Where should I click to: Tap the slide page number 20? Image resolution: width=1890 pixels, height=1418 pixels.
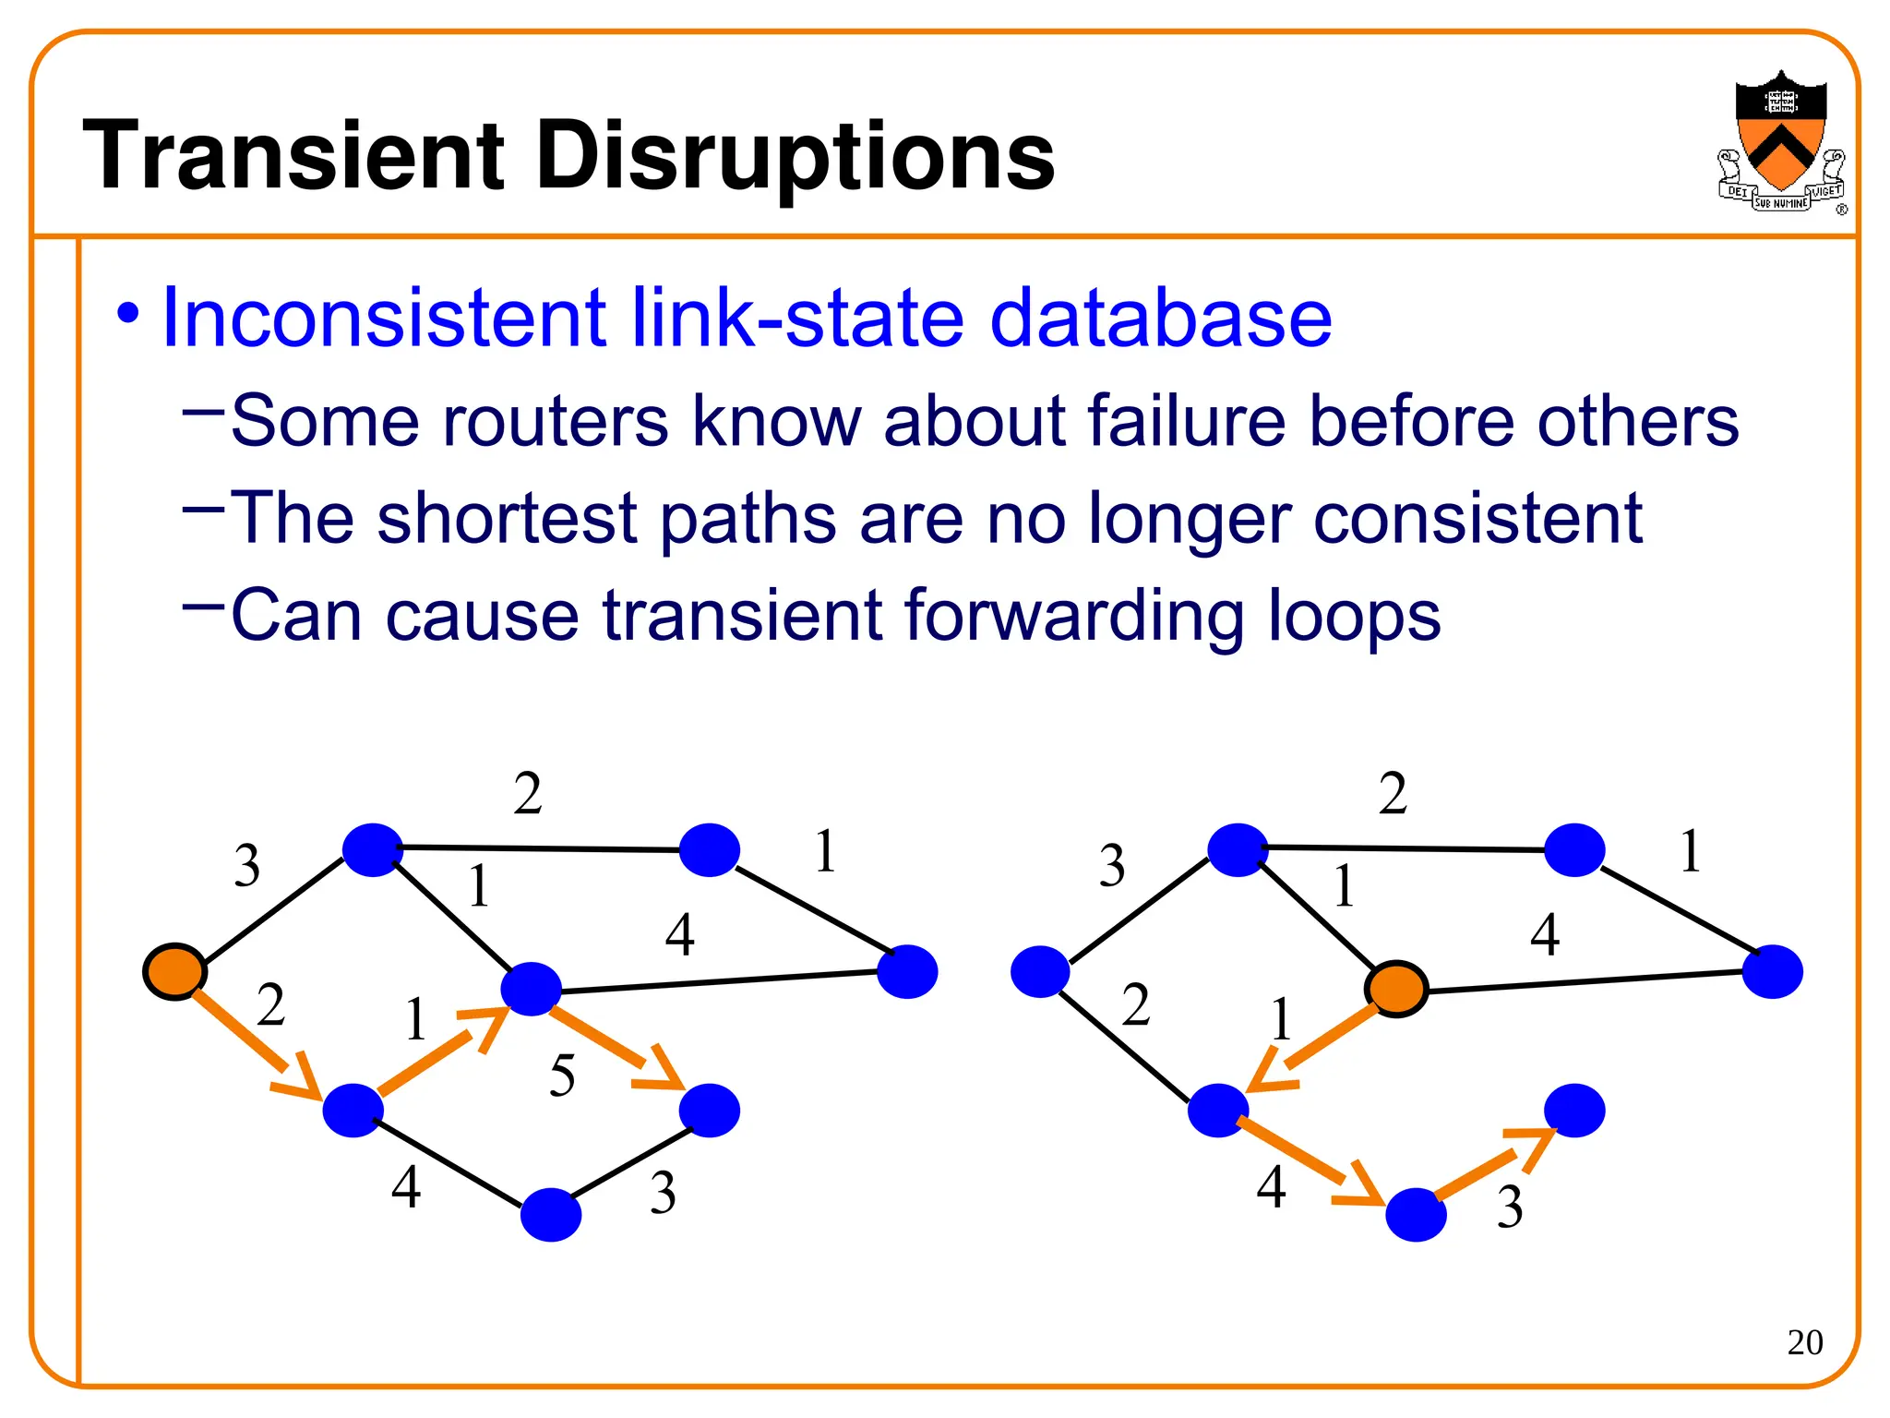coord(1804,1341)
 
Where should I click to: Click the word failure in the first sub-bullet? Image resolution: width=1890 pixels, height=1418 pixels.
coord(1186,421)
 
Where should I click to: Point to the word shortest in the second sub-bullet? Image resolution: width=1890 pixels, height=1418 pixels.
coord(508,518)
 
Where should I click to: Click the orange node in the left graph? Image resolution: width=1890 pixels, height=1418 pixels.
coord(174,971)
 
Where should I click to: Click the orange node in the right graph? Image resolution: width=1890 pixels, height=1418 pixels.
coord(1396,989)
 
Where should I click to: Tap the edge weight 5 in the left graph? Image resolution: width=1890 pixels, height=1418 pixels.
coord(562,1076)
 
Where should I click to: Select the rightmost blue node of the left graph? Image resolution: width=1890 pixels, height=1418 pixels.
coord(907,971)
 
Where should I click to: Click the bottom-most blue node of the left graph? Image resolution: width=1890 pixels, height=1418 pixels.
coord(551,1215)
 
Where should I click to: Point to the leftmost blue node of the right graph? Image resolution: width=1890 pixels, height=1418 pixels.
coord(1040,972)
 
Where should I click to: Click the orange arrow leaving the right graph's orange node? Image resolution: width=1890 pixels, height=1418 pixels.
coord(1310,1050)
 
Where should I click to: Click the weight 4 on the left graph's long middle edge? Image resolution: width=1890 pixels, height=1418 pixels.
coord(680,935)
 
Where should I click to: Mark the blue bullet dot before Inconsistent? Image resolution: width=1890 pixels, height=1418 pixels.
coord(128,314)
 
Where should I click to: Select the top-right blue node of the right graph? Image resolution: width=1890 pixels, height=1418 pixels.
coord(1574,850)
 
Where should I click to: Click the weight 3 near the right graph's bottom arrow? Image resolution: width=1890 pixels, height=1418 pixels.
coord(1510,1207)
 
